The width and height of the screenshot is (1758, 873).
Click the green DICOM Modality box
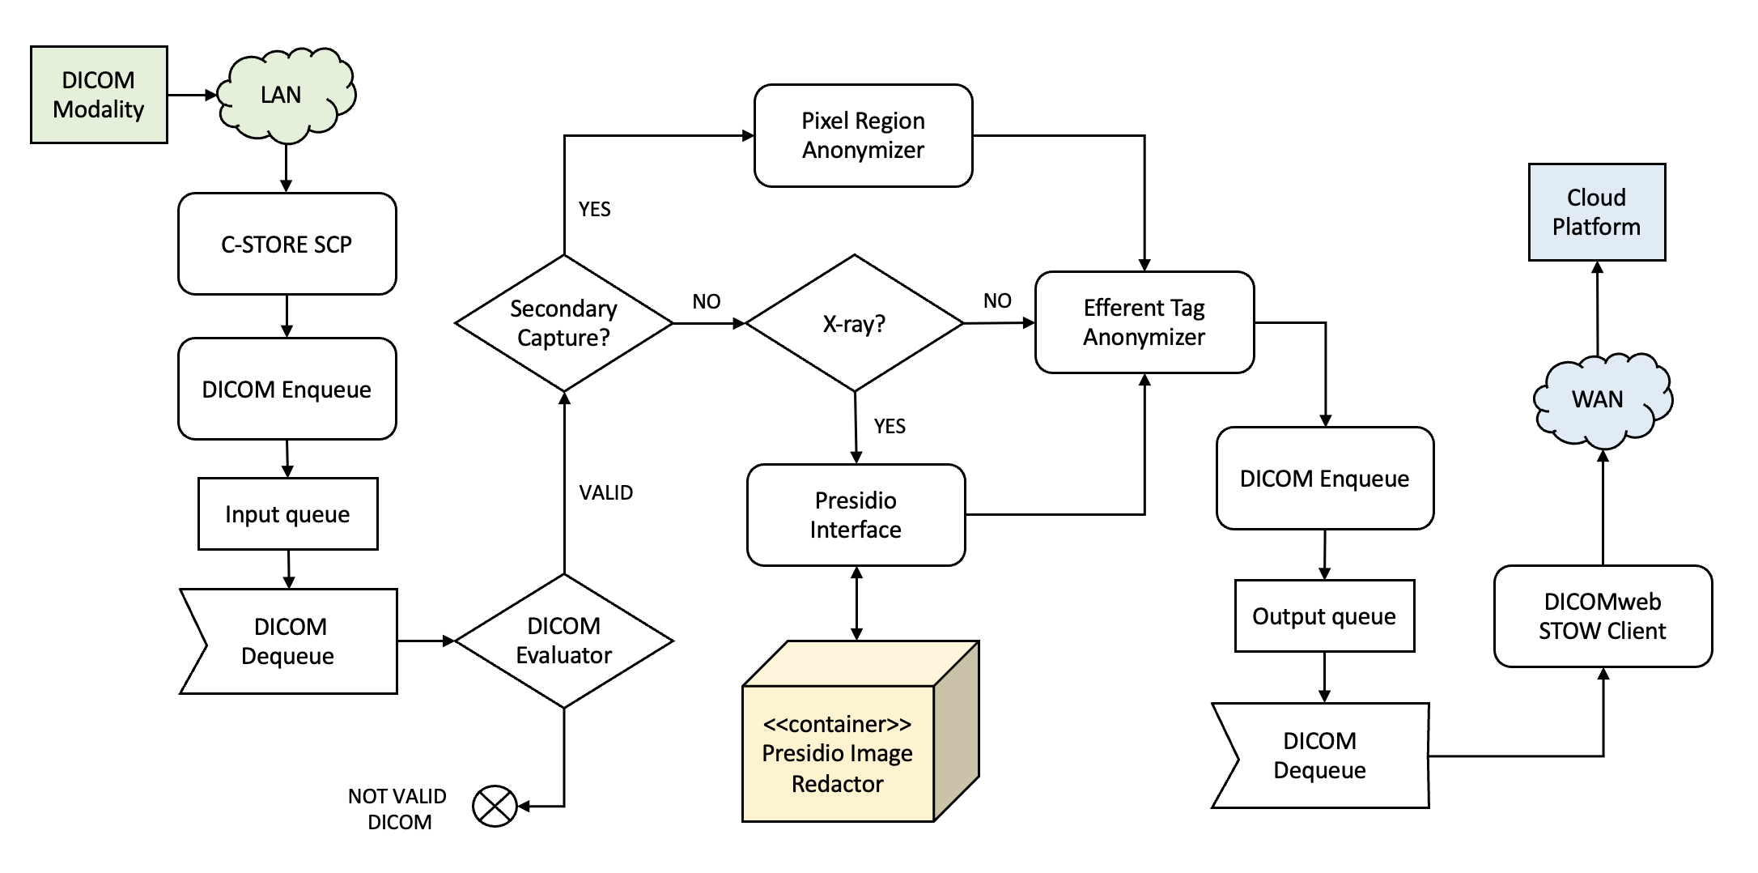(x=99, y=95)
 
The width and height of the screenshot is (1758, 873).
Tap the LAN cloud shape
(x=283, y=95)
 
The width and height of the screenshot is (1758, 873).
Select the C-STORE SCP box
(x=287, y=244)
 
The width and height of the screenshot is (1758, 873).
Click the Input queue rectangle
(x=287, y=514)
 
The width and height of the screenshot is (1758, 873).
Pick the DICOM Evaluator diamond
(x=563, y=641)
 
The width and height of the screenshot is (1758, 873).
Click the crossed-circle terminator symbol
(x=495, y=807)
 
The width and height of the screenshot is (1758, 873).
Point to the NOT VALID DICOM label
(x=397, y=808)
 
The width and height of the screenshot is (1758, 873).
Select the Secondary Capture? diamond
(x=563, y=323)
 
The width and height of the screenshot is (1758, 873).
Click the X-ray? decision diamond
(x=854, y=324)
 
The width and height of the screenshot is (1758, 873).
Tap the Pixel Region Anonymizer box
(x=863, y=135)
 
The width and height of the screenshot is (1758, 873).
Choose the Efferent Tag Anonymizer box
(x=1144, y=322)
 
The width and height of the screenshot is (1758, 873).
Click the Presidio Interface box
(x=856, y=515)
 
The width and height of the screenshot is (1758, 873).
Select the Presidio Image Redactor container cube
(x=839, y=753)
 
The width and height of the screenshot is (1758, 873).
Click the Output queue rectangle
(x=1324, y=616)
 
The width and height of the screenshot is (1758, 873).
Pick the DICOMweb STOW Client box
(x=1602, y=616)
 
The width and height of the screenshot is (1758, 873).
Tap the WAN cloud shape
(x=1599, y=400)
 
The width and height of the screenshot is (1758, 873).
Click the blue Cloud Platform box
(x=1596, y=212)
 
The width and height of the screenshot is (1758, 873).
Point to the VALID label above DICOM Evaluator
(x=605, y=492)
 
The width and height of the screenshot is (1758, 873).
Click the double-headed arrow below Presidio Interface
(x=856, y=603)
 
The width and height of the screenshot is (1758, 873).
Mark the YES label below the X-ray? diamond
(x=890, y=427)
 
